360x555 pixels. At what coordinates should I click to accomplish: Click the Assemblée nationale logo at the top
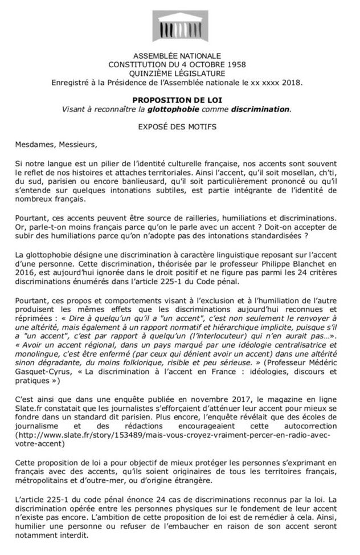click(179, 23)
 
